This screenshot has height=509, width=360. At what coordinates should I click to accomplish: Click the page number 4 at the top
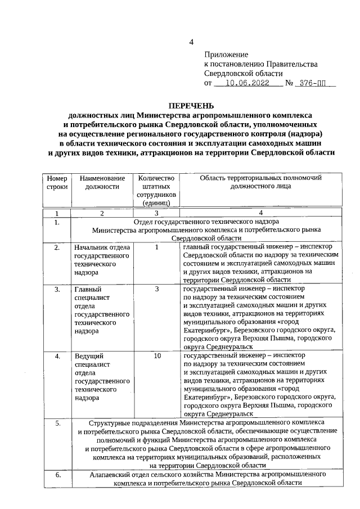coord(191,42)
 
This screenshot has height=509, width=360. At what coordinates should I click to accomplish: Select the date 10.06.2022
coord(248,83)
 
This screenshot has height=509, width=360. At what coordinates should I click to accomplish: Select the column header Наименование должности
coord(102,182)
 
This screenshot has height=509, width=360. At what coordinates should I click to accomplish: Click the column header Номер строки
coord(57,182)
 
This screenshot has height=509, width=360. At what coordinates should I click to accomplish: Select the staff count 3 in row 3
coord(157,289)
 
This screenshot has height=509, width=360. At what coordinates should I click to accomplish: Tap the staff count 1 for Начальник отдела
coord(157,246)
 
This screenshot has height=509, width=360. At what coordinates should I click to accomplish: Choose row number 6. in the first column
coord(57,475)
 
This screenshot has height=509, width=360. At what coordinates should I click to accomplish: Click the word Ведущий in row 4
coord(88,356)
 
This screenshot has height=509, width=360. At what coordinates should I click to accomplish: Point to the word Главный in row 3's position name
coord(88,289)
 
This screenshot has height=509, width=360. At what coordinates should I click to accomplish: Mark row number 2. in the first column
coord(57,247)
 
